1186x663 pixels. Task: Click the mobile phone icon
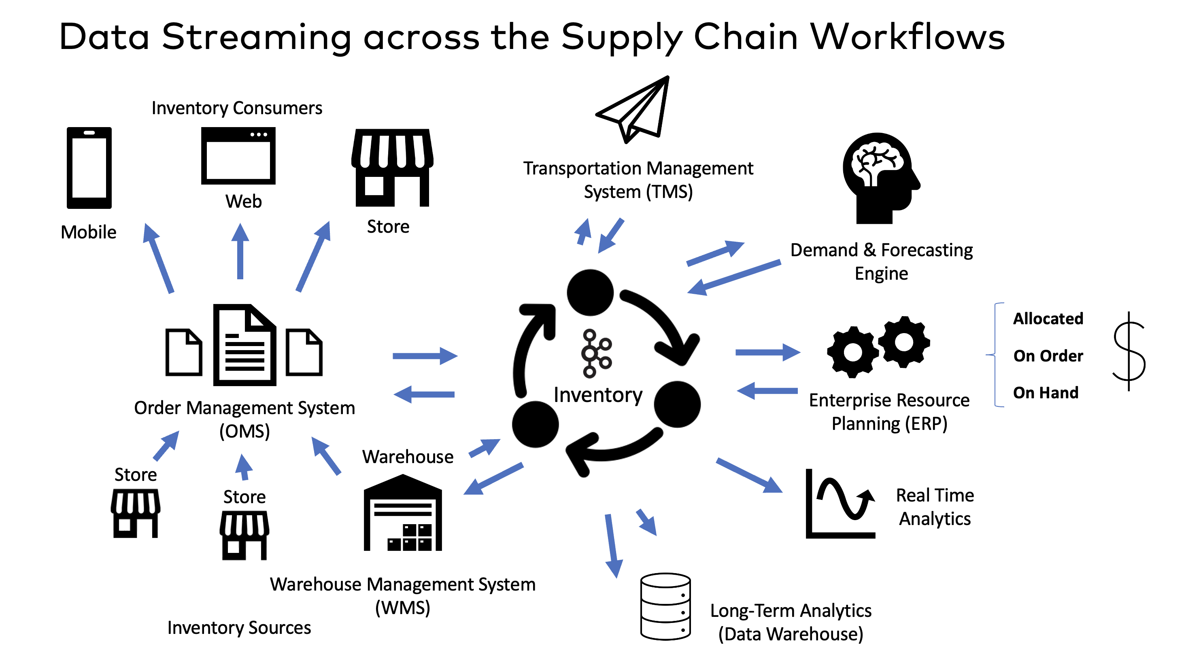pyautogui.click(x=89, y=168)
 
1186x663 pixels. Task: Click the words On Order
pyautogui.click(x=1048, y=356)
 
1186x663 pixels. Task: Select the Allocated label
pyautogui.click(x=1048, y=319)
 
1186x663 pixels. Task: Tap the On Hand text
pyautogui.click(x=1045, y=393)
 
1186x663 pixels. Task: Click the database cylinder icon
pyautogui.click(x=665, y=606)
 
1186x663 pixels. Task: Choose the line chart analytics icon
pyautogui.click(x=840, y=504)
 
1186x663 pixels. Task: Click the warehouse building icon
pyautogui.click(x=403, y=513)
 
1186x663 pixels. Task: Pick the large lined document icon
pyautogui.click(x=244, y=345)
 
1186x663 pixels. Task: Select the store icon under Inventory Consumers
pyautogui.click(x=392, y=168)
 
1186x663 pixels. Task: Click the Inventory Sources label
pyautogui.click(x=239, y=627)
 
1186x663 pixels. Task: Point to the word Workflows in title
pyautogui.click(x=907, y=37)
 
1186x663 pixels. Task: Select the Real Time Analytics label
pyautogui.click(x=935, y=507)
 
